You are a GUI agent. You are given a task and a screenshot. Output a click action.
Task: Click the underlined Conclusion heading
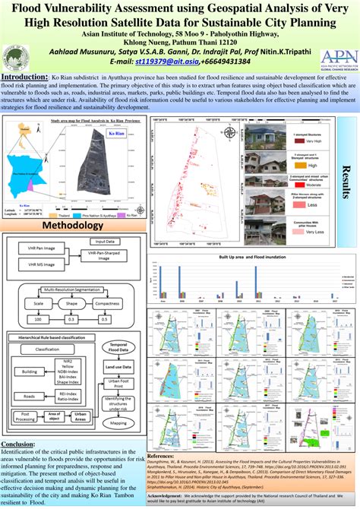click(x=18, y=444)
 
